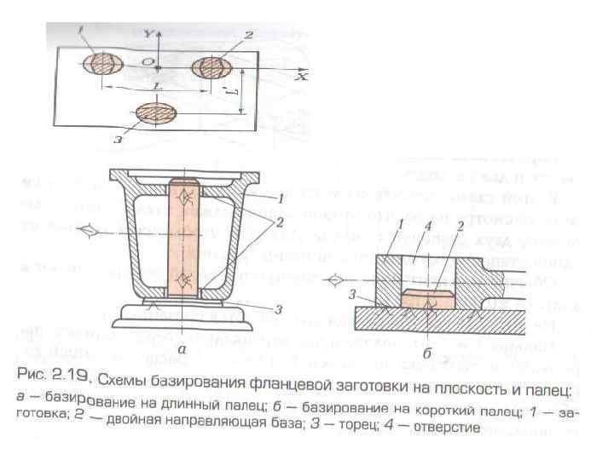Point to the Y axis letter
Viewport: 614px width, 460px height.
coord(148,35)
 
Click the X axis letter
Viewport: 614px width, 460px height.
coord(302,76)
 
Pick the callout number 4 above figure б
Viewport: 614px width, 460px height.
coord(426,226)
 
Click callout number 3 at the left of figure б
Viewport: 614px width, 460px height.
coord(352,293)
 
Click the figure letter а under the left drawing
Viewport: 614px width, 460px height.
coord(180,348)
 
